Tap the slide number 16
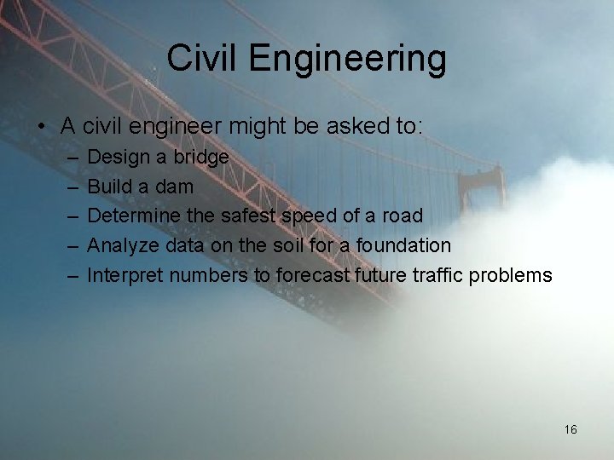(571, 429)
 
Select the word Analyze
(124, 246)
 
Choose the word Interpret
(125, 276)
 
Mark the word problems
(516, 276)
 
